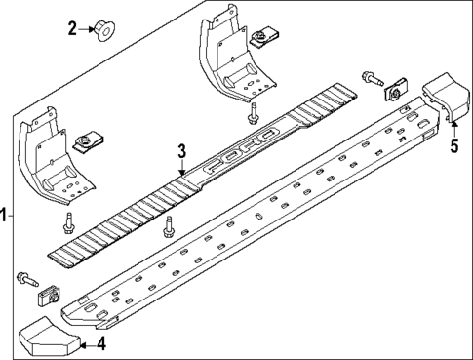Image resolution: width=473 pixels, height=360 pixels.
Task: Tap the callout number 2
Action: coord(71,27)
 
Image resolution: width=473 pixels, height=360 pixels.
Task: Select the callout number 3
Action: coord(181,150)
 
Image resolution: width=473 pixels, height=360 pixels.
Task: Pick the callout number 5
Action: coord(453,147)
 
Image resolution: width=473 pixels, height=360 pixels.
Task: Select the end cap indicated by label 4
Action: coord(48,338)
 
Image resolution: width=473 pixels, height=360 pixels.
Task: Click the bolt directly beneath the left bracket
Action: coord(68,224)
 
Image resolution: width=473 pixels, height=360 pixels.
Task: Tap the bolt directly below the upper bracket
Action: coord(253,113)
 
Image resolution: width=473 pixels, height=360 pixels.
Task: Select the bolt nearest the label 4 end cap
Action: coord(23,281)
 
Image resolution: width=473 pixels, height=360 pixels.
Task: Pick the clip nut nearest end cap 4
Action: coord(47,294)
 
